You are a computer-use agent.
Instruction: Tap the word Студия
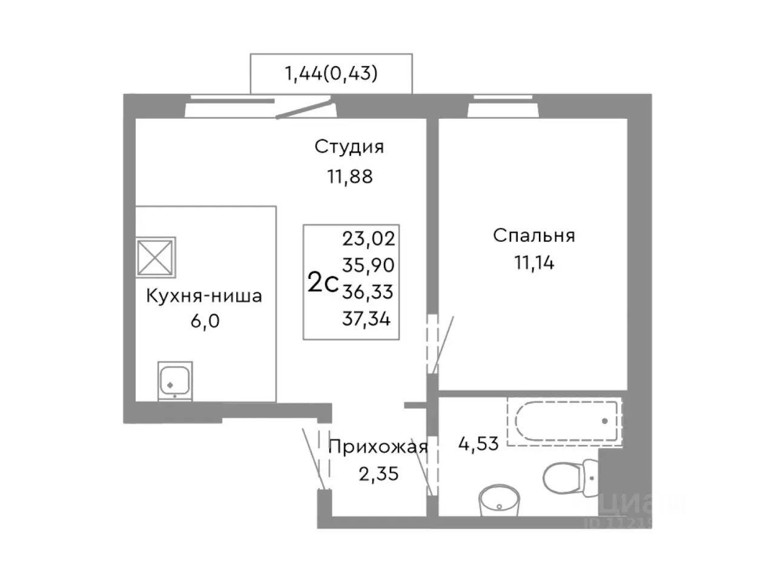click(349, 147)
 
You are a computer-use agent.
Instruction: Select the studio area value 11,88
click(350, 176)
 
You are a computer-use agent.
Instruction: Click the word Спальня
click(533, 235)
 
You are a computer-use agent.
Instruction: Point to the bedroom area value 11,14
click(533, 263)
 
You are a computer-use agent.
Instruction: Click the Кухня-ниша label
click(204, 296)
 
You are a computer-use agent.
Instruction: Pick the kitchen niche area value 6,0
click(205, 321)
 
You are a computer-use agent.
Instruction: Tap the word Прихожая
click(378, 448)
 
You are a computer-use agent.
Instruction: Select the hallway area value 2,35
click(378, 473)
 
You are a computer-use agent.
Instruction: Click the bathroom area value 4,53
click(479, 443)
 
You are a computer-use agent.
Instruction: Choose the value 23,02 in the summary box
click(368, 238)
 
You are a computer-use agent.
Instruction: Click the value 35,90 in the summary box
click(368, 265)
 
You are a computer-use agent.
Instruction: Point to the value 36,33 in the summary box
click(368, 292)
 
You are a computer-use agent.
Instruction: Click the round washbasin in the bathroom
click(499, 501)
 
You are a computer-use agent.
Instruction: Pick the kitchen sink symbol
click(175, 381)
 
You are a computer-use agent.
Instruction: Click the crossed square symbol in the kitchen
click(156, 257)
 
